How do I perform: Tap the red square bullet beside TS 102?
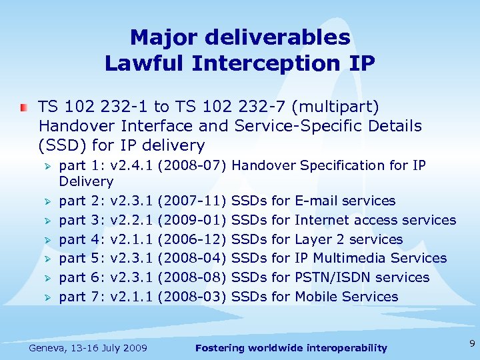(x=23, y=107)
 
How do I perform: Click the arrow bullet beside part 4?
(x=47, y=239)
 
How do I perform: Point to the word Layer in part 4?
(x=315, y=239)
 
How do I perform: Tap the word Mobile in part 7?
(x=317, y=297)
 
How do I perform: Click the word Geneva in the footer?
(x=49, y=347)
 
